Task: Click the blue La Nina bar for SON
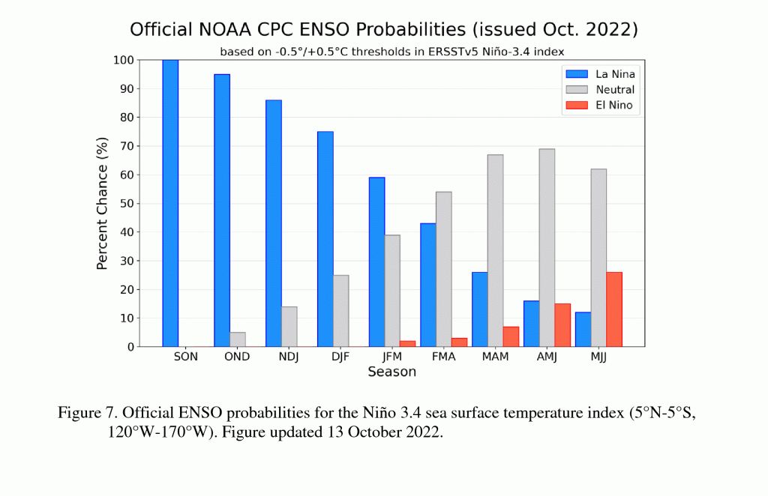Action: coord(170,203)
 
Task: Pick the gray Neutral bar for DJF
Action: coord(341,311)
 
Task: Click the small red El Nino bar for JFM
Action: coord(407,344)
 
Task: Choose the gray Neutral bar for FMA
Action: coord(444,269)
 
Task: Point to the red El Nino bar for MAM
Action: coord(511,336)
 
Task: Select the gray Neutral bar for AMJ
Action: coord(547,247)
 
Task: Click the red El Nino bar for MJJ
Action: coord(614,309)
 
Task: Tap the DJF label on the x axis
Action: coord(341,357)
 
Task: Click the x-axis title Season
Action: coord(391,372)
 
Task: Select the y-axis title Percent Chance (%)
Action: coord(103,203)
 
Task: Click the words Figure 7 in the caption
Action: coord(87,413)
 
